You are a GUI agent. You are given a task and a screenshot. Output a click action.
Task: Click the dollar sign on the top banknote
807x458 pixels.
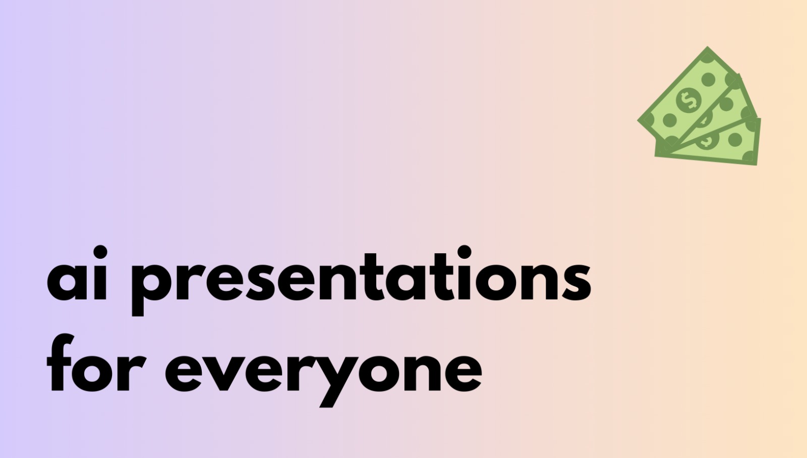689,100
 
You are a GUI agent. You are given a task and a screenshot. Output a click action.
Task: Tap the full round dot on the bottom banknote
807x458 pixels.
735,140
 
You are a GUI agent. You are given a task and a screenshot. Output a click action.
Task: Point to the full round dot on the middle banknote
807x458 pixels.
726,105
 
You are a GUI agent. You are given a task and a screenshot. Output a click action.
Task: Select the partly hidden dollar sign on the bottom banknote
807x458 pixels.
707,141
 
